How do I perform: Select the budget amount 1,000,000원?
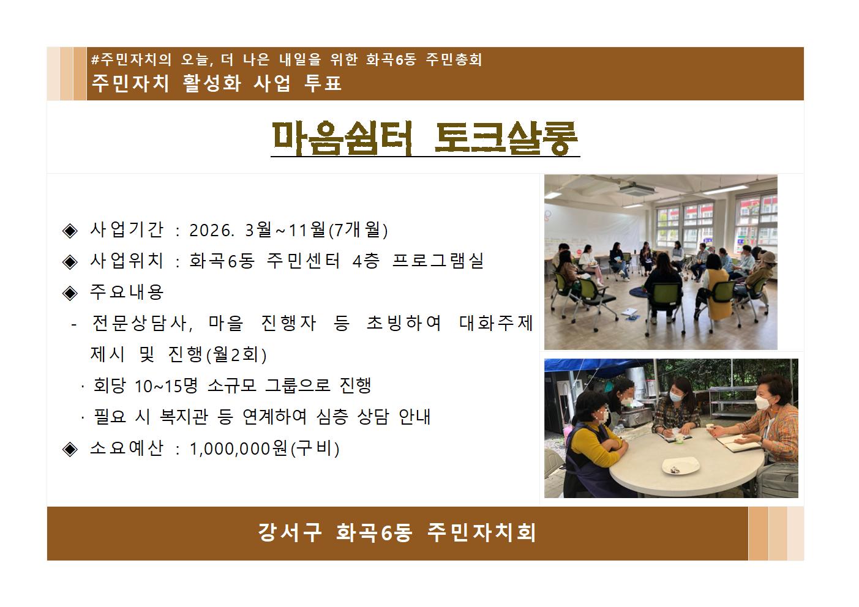click(238, 449)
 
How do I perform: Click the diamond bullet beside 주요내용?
click(70, 292)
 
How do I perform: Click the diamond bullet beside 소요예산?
click(70, 449)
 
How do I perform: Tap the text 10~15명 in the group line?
click(167, 386)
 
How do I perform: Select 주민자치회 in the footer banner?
click(482, 532)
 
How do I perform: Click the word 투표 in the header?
click(323, 83)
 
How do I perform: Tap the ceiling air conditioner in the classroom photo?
click(639, 188)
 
